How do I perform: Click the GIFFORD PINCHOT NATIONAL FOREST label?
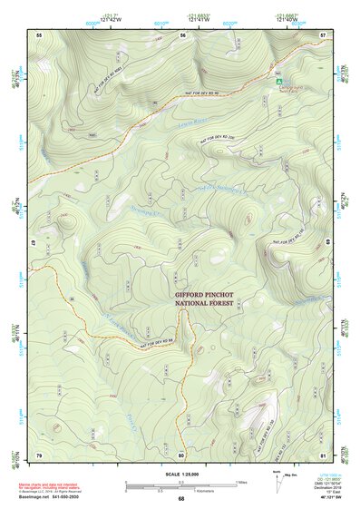point(207,301)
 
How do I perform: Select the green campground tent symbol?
point(279,81)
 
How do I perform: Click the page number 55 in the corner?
point(39,34)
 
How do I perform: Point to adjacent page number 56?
point(182,34)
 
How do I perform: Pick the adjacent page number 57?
point(324,34)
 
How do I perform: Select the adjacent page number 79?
point(39,454)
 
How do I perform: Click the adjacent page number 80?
point(181,454)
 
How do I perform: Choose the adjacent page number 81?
point(324,454)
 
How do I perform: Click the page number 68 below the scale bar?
point(181,498)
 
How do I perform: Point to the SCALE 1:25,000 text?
point(180,475)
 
